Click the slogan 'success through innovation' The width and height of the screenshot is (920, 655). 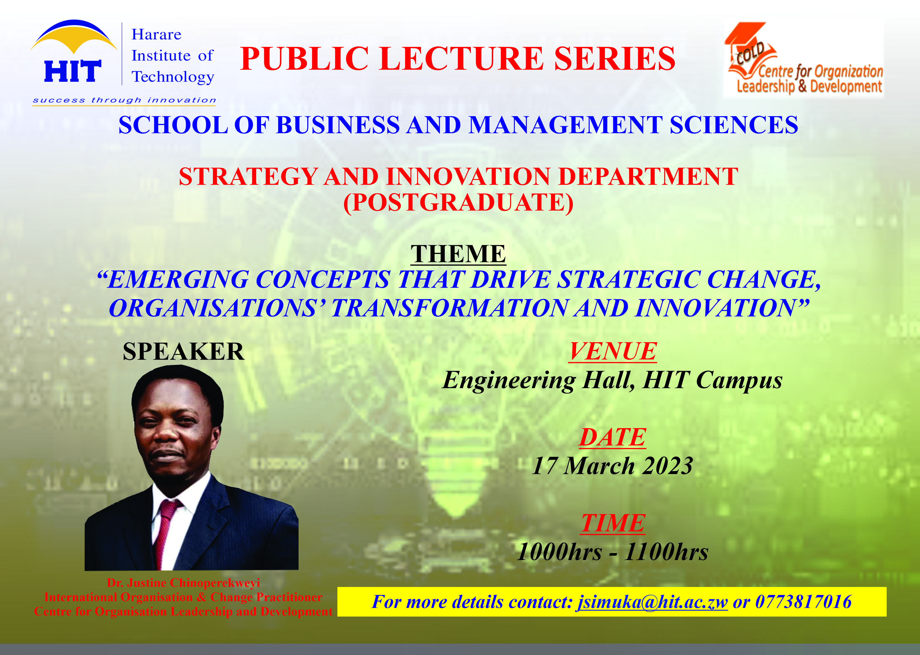coord(124,100)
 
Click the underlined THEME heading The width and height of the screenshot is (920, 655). coord(458,254)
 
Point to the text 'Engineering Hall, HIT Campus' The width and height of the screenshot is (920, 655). coord(612,380)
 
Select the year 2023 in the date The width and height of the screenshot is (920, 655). coord(667,466)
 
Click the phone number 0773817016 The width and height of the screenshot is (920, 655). coord(803,602)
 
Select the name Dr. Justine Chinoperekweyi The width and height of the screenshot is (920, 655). coord(183,583)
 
